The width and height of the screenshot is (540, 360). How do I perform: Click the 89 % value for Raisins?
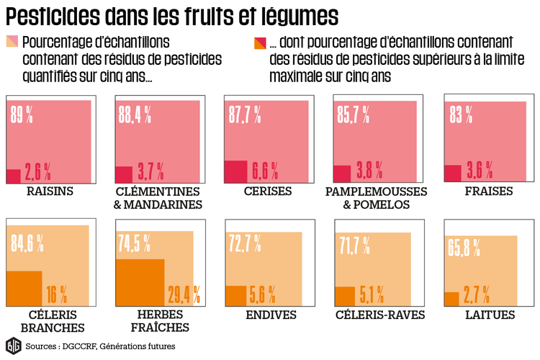[22, 113]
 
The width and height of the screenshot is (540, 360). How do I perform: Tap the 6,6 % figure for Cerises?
[264, 171]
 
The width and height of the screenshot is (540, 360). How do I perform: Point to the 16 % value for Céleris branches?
[56, 294]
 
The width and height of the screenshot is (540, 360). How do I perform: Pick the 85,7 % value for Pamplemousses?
[353, 113]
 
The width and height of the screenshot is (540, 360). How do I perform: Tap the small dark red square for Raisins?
[13, 176]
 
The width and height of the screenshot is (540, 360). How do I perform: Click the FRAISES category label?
[489, 192]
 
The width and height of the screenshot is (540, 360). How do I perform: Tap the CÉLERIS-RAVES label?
[380, 315]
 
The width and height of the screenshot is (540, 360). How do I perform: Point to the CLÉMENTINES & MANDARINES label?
[158, 198]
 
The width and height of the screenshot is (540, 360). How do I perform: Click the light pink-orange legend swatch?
[12, 40]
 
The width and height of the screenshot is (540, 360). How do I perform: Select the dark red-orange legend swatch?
[259, 40]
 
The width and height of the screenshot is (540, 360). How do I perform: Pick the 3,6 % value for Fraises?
[480, 171]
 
